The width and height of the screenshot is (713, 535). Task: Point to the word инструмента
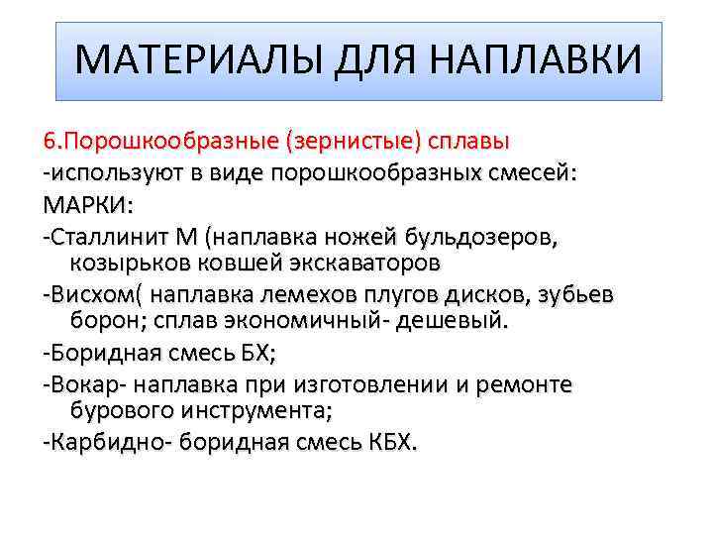pyautogui.click(x=246, y=409)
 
